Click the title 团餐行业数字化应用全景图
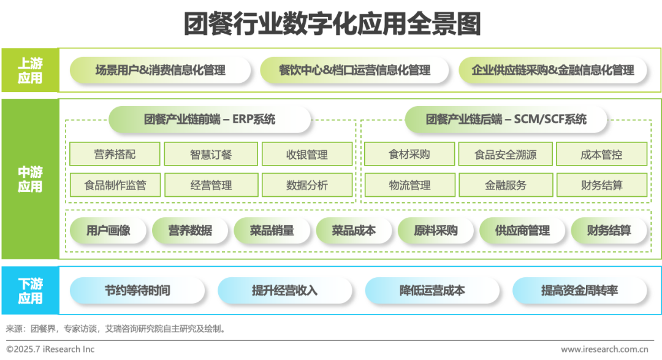click(332, 24)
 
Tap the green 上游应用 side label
click(30, 70)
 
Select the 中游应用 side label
click(30, 178)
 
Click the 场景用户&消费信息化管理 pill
click(161, 70)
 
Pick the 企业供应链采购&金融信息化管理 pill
click(553, 70)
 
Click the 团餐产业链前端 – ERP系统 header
click(210, 119)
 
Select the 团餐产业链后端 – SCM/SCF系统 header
click(506, 119)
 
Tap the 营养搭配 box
click(115, 155)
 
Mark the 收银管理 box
click(306, 155)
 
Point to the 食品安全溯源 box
click(505, 155)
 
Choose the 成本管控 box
click(601, 155)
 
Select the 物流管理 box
click(409, 185)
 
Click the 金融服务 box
click(505, 185)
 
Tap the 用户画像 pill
click(108, 231)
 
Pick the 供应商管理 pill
click(522, 231)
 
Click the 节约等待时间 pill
click(137, 291)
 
